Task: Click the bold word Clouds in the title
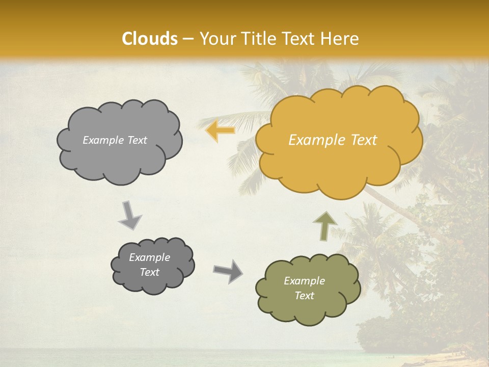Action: [x=149, y=39]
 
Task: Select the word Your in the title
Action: [x=214, y=39]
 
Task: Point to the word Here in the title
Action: [x=341, y=39]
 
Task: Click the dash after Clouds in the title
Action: [x=188, y=39]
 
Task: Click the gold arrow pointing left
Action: [x=220, y=131]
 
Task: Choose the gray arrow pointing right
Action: [x=228, y=271]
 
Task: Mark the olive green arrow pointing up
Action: [x=324, y=225]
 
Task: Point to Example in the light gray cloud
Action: [x=102, y=140]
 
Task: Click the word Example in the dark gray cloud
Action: [x=150, y=257]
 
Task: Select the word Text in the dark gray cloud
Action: [x=150, y=272]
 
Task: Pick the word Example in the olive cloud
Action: [x=304, y=281]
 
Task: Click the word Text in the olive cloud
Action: [x=304, y=296]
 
